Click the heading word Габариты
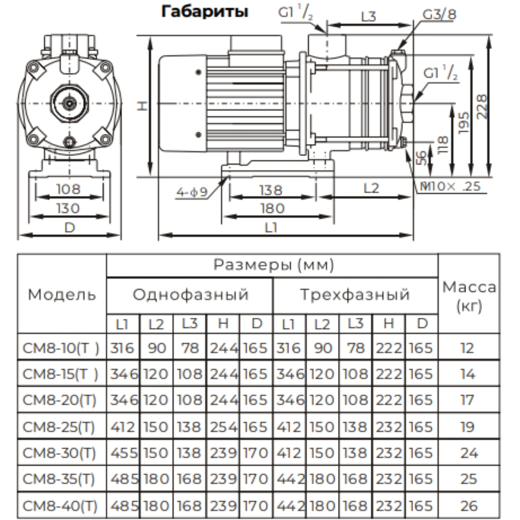205,12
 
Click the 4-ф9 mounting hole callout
191,193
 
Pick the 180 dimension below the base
272,208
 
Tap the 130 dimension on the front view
69,208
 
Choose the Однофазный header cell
190,294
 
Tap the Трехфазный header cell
355,294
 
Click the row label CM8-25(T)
60,427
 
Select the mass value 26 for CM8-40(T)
468,506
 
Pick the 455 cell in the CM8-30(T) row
123,453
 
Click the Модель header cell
62,294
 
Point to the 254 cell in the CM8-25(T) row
223,427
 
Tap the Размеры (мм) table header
273,265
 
